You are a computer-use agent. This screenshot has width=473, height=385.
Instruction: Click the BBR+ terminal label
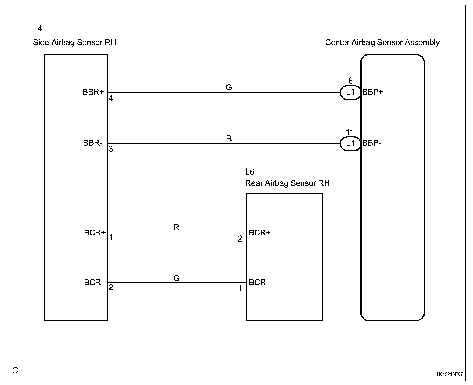(93, 92)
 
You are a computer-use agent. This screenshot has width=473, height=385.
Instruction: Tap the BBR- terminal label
(93, 143)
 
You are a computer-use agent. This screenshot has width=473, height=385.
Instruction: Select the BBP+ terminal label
(373, 92)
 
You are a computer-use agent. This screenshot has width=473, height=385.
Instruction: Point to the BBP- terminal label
(372, 143)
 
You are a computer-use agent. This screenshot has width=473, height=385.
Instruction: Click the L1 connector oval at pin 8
(350, 92)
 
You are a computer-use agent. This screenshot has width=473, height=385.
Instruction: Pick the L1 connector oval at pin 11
(350, 143)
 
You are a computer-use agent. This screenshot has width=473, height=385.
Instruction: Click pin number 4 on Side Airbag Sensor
(111, 98)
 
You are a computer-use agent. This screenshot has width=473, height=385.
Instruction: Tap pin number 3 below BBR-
(111, 149)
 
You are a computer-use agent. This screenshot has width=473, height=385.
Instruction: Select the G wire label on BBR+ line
(229, 87)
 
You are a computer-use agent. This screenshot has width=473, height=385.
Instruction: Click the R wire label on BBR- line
(229, 139)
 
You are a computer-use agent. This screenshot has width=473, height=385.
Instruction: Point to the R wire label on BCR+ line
(176, 227)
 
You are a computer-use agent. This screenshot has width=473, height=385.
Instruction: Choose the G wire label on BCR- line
(176, 278)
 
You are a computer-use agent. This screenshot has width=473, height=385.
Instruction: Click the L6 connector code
(249, 172)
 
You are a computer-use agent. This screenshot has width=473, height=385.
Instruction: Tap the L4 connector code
(38, 29)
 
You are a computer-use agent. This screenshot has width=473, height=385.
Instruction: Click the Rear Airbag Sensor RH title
(287, 183)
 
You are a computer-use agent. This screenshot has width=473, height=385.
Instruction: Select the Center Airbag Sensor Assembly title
(382, 43)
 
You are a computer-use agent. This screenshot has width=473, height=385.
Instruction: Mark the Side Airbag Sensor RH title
(74, 43)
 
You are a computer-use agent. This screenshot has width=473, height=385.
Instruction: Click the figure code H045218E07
(450, 374)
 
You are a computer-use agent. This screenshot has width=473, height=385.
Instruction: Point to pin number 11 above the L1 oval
(350, 132)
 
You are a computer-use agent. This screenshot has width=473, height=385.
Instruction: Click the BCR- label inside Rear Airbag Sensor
(259, 282)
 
